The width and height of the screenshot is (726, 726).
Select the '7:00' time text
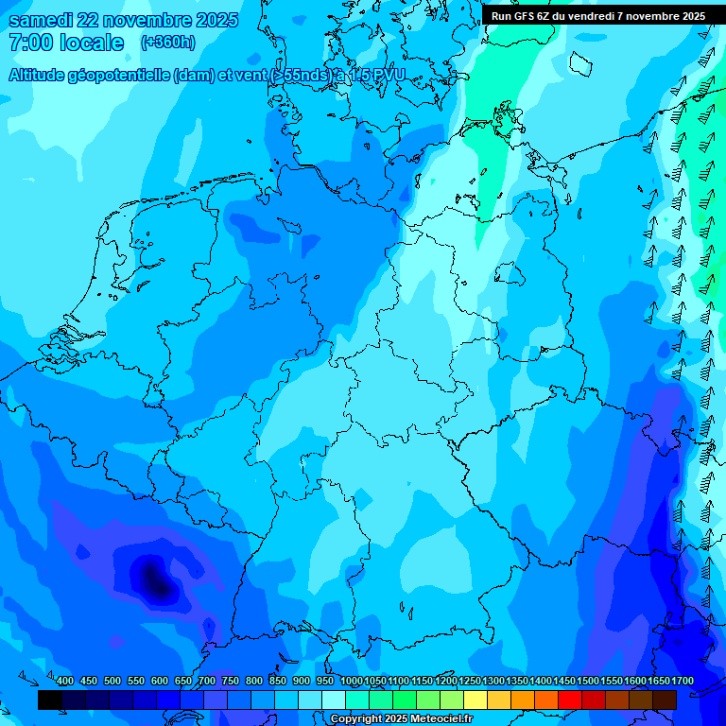29,43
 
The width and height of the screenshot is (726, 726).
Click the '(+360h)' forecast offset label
167,43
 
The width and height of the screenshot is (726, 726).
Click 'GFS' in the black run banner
524,16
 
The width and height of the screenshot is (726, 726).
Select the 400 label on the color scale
65,681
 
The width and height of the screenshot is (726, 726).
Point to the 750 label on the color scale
231,681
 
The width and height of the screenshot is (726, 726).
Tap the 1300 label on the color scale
493,681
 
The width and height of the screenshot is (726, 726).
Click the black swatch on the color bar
50,700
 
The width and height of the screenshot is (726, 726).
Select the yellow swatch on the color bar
475,700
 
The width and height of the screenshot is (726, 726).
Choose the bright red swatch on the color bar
570,700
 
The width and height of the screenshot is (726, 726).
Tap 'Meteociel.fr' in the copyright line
441,719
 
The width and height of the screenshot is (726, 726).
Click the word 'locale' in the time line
93,43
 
